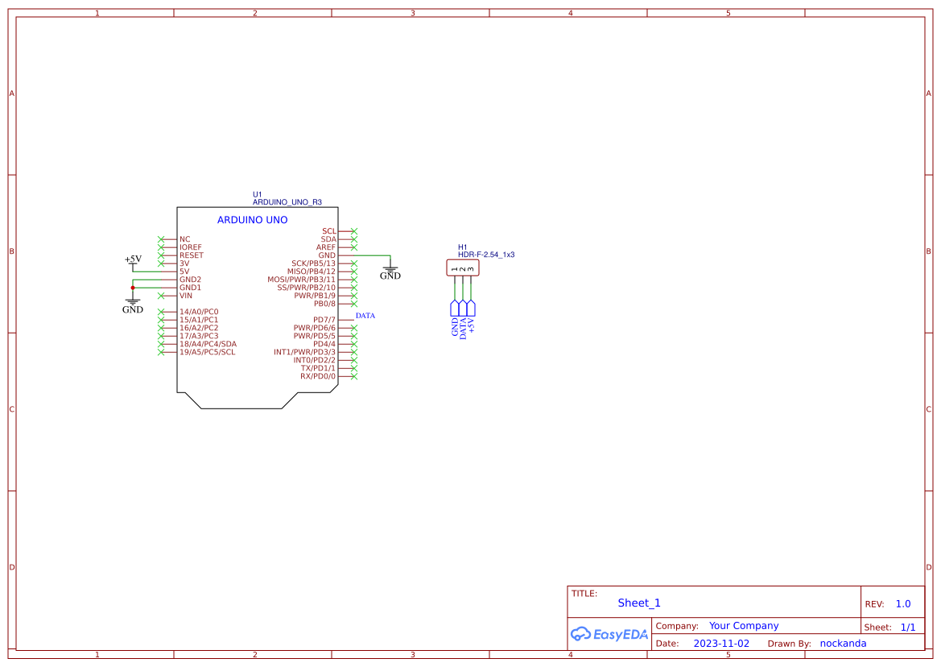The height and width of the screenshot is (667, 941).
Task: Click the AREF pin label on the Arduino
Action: (325, 247)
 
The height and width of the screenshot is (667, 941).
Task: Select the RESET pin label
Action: (192, 255)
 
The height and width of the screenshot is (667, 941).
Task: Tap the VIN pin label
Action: (186, 296)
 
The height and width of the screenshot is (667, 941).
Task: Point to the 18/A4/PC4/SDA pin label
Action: (208, 344)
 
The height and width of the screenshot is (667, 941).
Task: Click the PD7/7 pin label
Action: (324, 320)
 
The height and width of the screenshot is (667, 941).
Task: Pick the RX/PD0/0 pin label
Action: (317, 376)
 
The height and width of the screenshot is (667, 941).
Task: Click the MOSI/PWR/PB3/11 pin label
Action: (301, 280)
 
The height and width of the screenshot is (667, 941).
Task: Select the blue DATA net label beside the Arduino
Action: (365, 316)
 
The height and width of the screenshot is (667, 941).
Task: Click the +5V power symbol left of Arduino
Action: (133, 260)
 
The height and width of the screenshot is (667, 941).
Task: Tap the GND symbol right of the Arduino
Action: (390, 274)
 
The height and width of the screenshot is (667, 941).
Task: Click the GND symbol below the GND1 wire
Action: (133, 307)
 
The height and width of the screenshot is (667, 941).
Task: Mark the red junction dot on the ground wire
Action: (133, 288)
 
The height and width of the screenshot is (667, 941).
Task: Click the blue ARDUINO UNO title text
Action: (252, 220)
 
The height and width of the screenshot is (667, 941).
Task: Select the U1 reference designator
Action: (258, 194)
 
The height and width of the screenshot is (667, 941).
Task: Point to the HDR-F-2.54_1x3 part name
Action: (486, 255)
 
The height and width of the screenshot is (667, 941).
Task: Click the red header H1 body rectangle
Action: (463, 267)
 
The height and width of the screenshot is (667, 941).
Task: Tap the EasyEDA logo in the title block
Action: (609, 634)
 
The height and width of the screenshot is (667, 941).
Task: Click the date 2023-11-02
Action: (720, 644)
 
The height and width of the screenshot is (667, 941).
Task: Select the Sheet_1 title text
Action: (639, 603)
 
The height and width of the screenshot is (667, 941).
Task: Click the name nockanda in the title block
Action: (843, 644)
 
